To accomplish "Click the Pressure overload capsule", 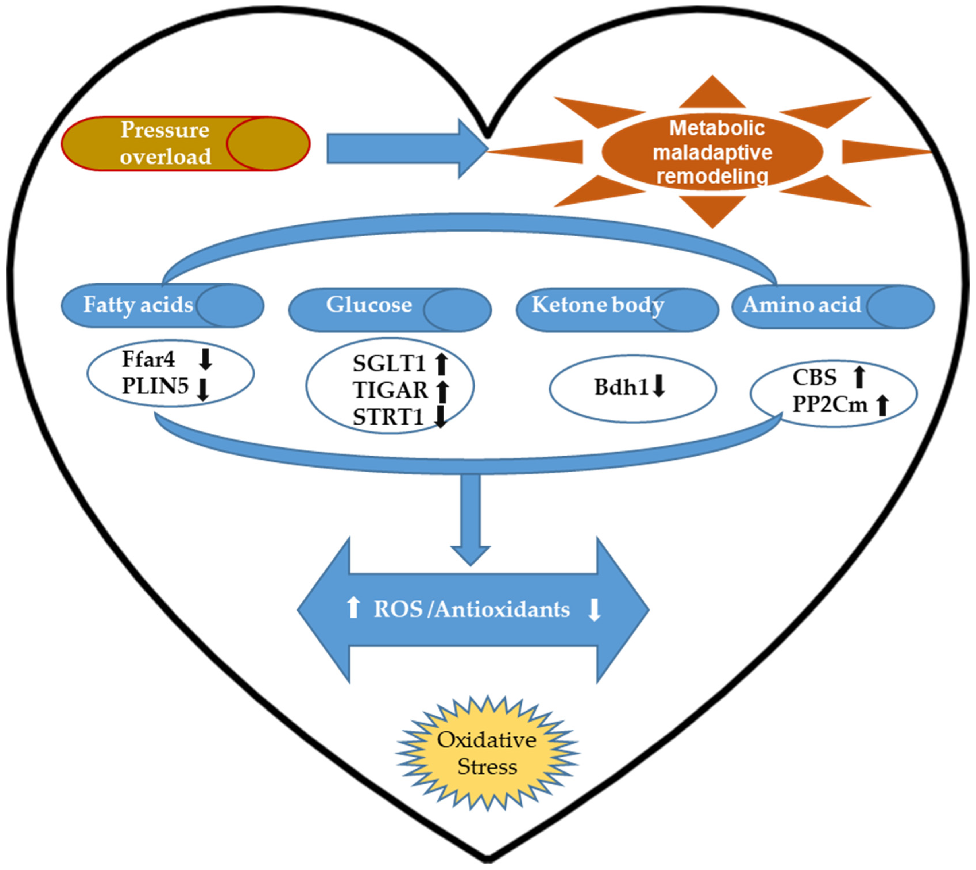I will point(185,143).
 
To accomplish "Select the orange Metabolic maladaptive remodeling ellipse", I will point(712,152).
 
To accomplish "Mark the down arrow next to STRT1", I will point(440,416).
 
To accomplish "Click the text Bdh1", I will point(621,387).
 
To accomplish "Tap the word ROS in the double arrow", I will point(398,609).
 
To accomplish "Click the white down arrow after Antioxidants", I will point(594,609).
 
